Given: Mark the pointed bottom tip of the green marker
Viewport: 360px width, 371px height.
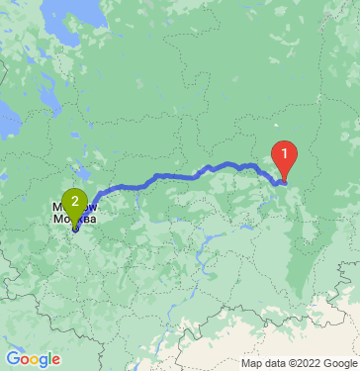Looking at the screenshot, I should pos(75,228).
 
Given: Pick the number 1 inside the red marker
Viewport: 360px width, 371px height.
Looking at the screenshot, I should pos(284,153).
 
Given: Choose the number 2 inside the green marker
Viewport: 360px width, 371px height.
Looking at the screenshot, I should pos(75,199).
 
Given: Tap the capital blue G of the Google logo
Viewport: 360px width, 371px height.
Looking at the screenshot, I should pos(12,358).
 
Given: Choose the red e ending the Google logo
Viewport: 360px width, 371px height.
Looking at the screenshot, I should pos(56,359).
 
